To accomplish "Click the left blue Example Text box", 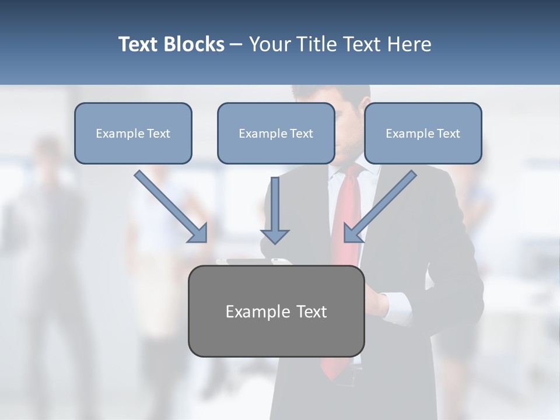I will (x=133, y=133).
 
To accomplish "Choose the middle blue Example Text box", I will (x=276, y=133).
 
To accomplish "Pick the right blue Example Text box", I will (x=423, y=133).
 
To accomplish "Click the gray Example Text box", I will (x=276, y=311).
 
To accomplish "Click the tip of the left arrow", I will (x=204, y=240).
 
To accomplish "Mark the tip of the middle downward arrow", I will (x=275, y=242).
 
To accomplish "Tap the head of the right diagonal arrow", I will (x=348, y=239).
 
